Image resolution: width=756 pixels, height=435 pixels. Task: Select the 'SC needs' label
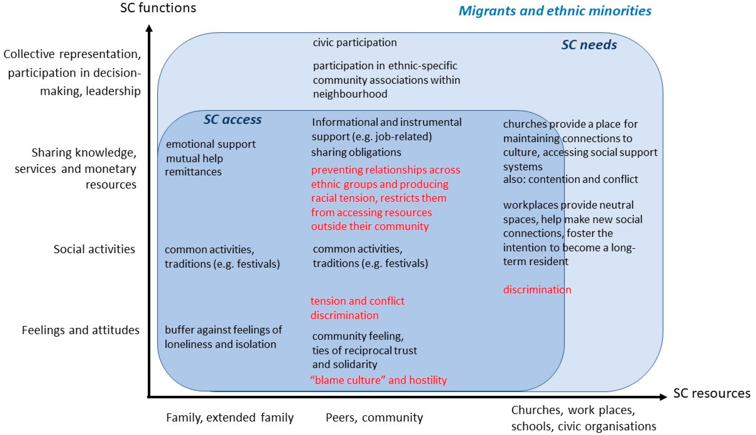click(x=589, y=45)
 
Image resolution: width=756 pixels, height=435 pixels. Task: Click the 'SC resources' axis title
click(x=711, y=393)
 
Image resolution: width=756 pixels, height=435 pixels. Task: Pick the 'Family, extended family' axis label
click(x=230, y=417)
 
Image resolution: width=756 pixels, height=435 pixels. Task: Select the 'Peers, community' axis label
click(x=374, y=417)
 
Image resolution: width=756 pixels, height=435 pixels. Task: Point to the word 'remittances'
click(x=193, y=172)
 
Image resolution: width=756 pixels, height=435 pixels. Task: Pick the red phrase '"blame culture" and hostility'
click(x=378, y=380)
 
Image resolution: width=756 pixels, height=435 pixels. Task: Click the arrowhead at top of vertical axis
click(x=149, y=28)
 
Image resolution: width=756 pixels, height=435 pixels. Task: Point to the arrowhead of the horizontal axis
click(x=663, y=397)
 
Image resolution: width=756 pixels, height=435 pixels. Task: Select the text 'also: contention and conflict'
click(x=570, y=179)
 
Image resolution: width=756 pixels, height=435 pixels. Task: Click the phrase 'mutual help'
click(x=194, y=158)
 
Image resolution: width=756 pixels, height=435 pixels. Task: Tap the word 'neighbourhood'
click(x=350, y=94)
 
